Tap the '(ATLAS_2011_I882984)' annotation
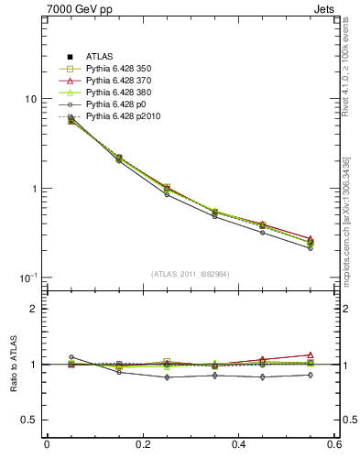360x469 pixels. click(191, 274)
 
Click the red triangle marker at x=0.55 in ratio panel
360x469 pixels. click(311, 354)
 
